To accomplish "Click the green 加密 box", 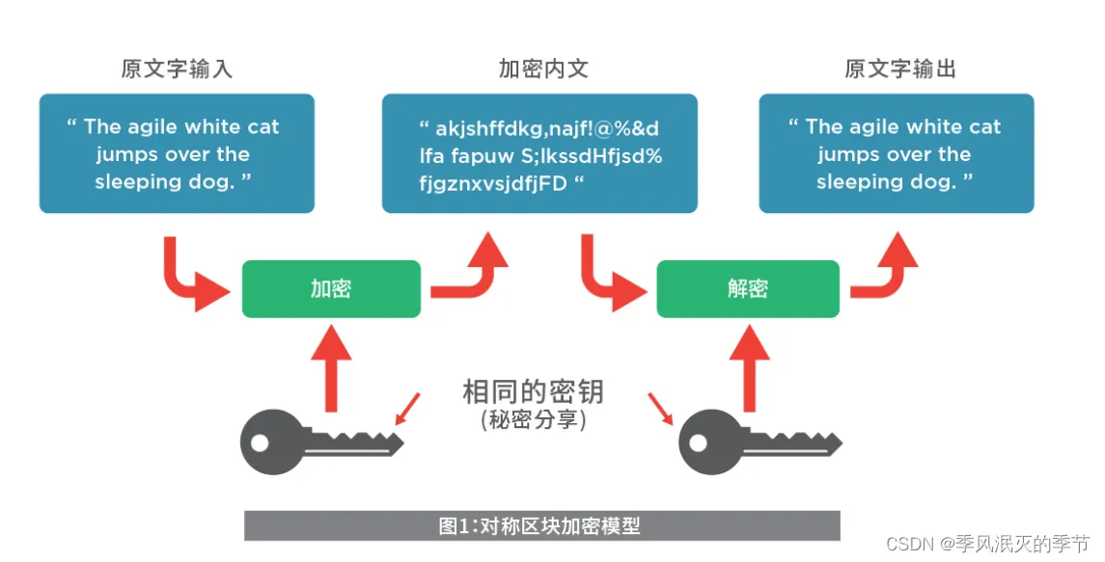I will [331, 288].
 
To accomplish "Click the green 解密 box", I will [747, 288].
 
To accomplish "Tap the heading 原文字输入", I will [177, 69].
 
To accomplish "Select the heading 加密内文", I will [543, 69].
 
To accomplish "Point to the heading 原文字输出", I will [900, 69].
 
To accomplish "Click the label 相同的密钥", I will [533, 391].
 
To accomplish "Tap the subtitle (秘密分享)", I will [533, 420].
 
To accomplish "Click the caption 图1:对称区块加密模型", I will [540, 525].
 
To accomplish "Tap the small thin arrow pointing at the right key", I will [662, 408].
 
